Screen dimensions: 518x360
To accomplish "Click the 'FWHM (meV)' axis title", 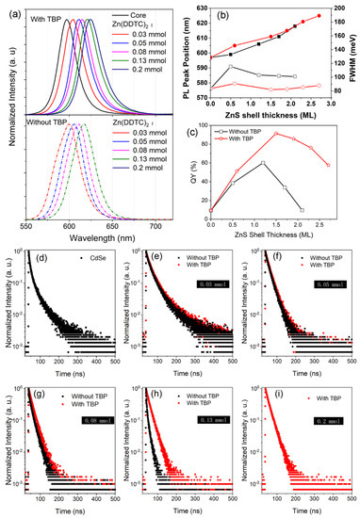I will click(352, 56).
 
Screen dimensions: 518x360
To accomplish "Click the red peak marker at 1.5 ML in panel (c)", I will click(276, 133).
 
